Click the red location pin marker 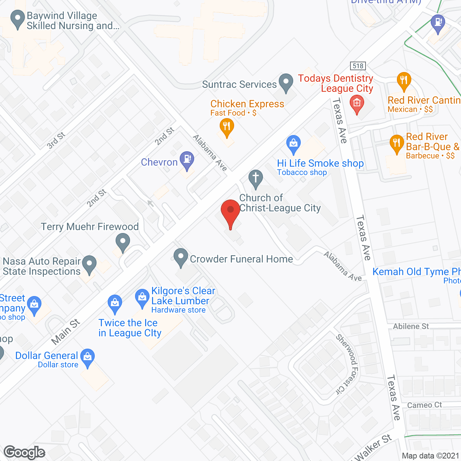point(230,211)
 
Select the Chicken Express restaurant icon point(227,127)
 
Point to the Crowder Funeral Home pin point(181,257)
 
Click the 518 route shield point(358,66)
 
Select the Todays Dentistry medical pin point(357,103)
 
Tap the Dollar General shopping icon point(88,357)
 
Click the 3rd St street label point(56,140)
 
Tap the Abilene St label point(411,326)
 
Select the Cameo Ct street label point(424,405)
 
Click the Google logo point(24,452)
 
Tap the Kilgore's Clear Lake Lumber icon point(142,297)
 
